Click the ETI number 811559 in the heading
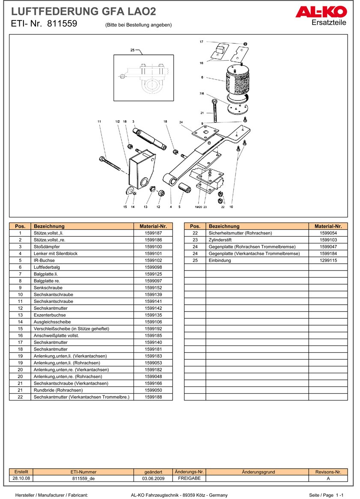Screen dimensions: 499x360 pos(62,24)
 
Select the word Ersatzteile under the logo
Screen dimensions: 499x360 pos(329,23)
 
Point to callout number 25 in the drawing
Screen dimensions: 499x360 pos(132,50)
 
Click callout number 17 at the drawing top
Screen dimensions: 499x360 pos(201,42)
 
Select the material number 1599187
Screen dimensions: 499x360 pos(153,233)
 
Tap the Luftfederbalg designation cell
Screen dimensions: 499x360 pos(47,267)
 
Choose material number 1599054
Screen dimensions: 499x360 pos(328,233)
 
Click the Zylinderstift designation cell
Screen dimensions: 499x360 pos(223,240)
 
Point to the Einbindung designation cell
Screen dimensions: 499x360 pos(220,261)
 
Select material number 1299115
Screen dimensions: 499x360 pos(328,261)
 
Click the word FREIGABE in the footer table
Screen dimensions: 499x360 pos(186,478)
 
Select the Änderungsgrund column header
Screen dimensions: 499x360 pos(258,472)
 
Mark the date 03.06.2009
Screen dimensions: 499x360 pos(153,479)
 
